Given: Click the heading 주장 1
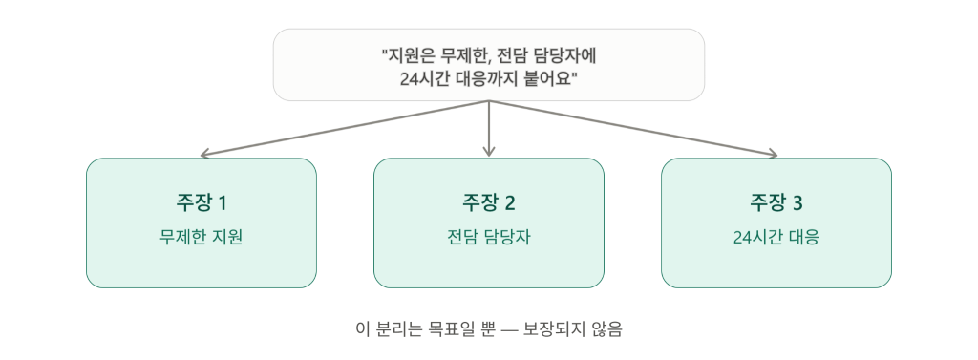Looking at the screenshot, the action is [201, 202].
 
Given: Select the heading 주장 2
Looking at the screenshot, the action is [488, 202].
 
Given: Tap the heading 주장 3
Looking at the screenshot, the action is [776, 202].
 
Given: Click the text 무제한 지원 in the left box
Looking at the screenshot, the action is [201, 238].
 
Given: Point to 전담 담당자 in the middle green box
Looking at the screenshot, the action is [488, 238].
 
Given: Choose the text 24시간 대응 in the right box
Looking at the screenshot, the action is [776, 238].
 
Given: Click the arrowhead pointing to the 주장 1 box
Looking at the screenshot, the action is [203, 155].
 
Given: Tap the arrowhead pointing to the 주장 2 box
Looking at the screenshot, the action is [489, 152].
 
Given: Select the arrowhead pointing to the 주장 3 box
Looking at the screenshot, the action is [774, 154].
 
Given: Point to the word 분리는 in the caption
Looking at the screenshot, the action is [401, 328].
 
